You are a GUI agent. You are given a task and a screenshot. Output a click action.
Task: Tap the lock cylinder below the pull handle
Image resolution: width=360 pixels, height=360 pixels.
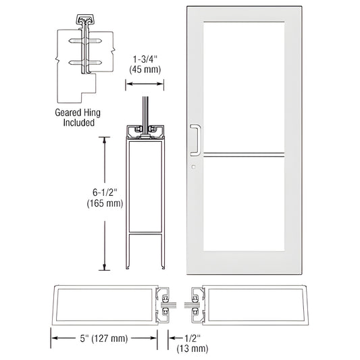192,168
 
